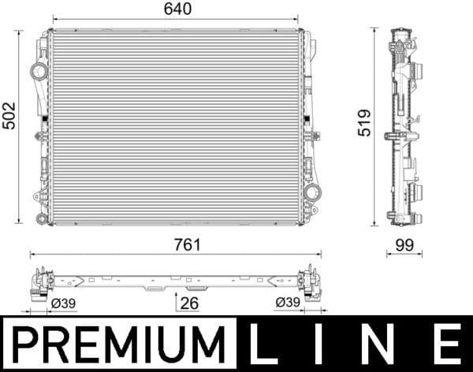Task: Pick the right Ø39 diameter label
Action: (288, 303)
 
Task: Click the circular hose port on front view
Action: (38, 72)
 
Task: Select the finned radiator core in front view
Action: (175, 127)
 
